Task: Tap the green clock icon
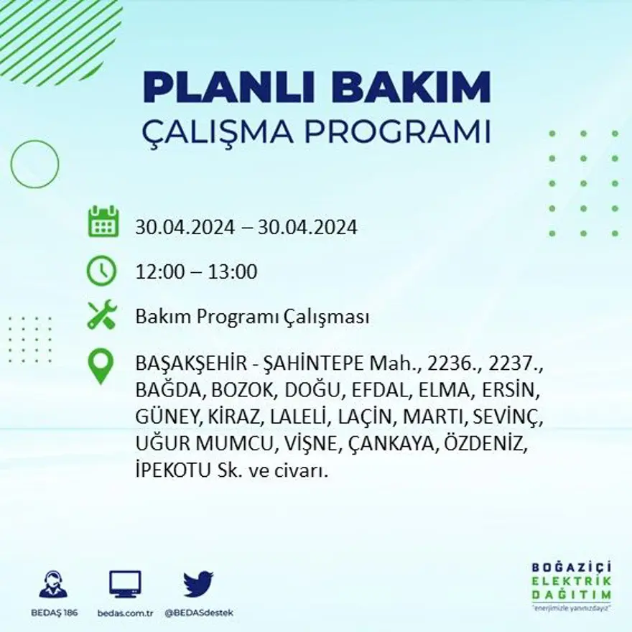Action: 101,271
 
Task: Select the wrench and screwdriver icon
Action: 101,315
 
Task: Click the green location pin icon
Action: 101,366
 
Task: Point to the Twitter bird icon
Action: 197,583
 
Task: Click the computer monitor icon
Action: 125,584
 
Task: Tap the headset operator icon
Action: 53,584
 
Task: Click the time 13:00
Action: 233,272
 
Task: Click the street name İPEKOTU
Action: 175,472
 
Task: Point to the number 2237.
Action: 519,365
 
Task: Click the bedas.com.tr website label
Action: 125,613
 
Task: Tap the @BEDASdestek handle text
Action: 198,613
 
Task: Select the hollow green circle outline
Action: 34,164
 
